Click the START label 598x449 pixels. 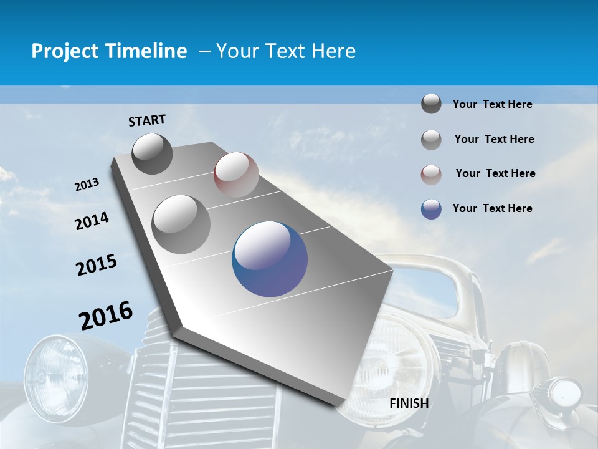pos(147,120)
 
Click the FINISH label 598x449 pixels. pos(409,403)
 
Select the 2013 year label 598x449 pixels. pos(87,185)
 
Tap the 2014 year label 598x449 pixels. pos(92,221)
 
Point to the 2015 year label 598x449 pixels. pos(97,265)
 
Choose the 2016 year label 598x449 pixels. pos(106,315)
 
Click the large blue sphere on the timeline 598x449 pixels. pos(270,259)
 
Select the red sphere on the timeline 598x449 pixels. pos(236,175)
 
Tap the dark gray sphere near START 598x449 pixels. pos(152,153)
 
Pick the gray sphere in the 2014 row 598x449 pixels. pos(181,224)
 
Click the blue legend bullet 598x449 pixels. pos(431,209)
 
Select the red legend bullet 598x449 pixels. pos(431,174)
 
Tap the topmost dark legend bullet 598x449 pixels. pos(431,104)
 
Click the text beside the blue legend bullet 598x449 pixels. pos(492,208)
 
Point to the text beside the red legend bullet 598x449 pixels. pos(495,173)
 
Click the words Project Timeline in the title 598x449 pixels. pos(109,51)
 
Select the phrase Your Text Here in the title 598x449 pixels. pos(286,51)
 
